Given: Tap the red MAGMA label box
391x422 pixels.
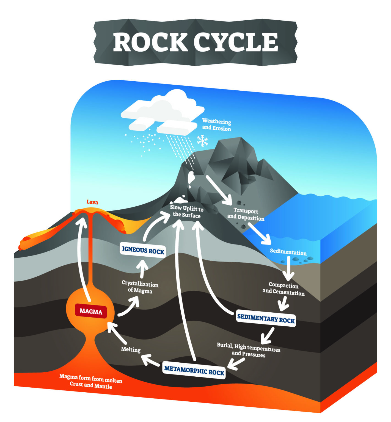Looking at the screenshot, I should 91,311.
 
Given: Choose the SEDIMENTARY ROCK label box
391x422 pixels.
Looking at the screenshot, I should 266,319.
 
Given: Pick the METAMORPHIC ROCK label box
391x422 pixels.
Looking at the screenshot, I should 194,371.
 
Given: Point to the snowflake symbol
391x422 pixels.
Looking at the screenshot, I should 202,140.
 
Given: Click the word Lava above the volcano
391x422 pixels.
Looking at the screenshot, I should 92,202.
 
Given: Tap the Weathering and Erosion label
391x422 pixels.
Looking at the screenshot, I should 217,125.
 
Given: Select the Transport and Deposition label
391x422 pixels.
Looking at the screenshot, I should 246,214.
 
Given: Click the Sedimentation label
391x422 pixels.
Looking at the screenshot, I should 288,252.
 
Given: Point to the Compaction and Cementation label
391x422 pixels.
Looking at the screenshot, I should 283,289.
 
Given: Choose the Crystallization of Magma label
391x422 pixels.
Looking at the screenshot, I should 140,287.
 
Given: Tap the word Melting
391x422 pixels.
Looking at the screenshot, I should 131,349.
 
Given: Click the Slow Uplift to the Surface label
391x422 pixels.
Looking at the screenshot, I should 187,212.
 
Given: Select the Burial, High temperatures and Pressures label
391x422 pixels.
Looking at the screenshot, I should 249,350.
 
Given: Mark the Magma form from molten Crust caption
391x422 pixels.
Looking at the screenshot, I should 91,381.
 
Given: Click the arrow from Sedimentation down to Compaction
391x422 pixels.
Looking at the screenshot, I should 288,268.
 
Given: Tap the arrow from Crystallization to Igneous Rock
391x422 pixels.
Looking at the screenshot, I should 142,268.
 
